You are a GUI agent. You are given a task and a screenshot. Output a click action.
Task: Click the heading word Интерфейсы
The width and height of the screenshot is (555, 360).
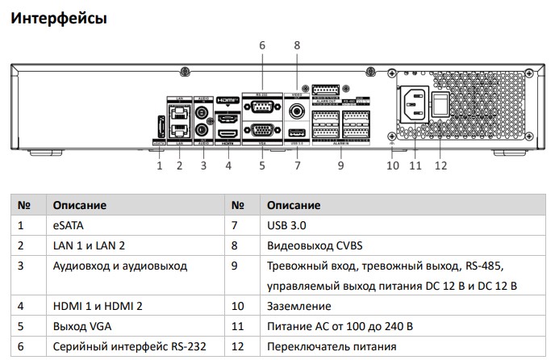(x=58, y=17)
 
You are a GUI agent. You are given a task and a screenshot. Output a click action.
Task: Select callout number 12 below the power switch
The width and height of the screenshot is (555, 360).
(x=440, y=166)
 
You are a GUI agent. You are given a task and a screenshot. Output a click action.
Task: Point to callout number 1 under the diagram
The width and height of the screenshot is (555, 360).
(x=159, y=166)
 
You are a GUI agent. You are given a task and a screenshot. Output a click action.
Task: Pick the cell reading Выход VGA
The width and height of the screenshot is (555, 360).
(x=80, y=326)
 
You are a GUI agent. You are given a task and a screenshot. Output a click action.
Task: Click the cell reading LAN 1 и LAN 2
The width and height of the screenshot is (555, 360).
(x=89, y=245)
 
